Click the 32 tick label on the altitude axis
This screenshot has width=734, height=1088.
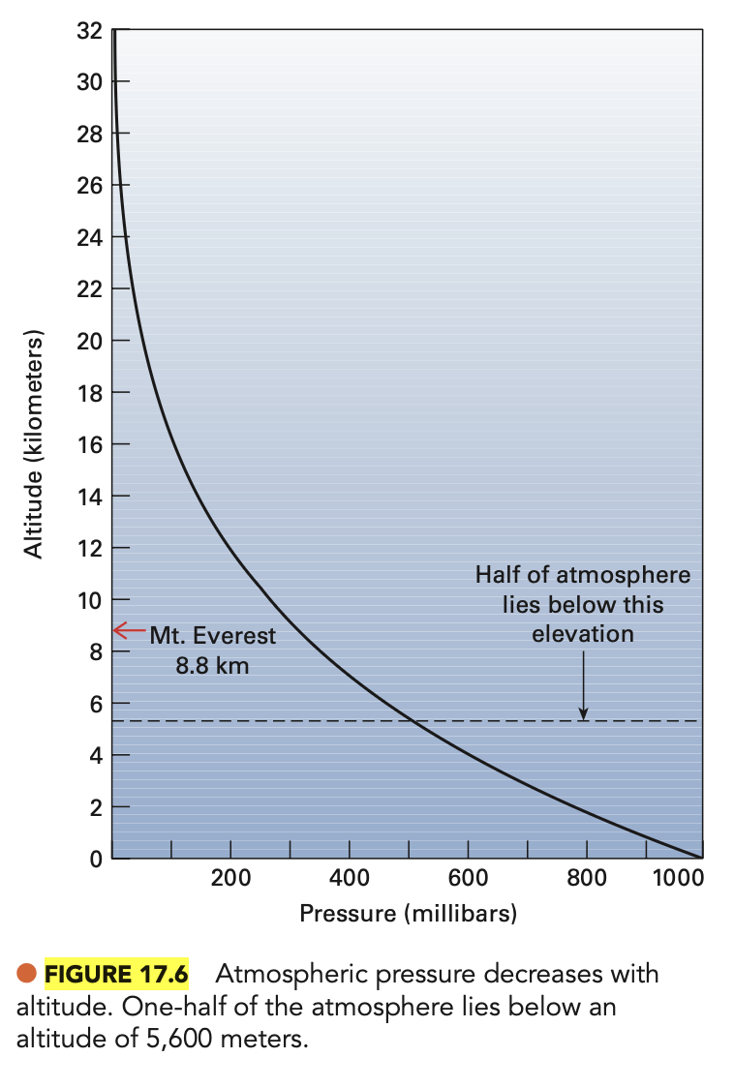pos(89,30)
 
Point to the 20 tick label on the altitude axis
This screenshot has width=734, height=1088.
pos(89,341)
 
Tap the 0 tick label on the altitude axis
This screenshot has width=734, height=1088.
pos(95,859)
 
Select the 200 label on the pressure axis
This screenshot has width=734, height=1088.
pos(230,878)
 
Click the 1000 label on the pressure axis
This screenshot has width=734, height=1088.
pos(678,878)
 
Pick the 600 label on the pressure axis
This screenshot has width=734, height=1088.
pos(469,878)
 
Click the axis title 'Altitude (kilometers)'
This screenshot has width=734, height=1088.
pos(35,445)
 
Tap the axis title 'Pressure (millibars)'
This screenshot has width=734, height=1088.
pos(408,913)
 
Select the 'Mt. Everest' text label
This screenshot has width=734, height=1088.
pos(212,637)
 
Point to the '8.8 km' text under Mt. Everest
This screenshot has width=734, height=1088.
pos(212,666)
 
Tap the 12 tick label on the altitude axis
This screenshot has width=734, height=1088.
pos(89,548)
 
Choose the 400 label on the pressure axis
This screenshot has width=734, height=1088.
pos(350,878)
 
